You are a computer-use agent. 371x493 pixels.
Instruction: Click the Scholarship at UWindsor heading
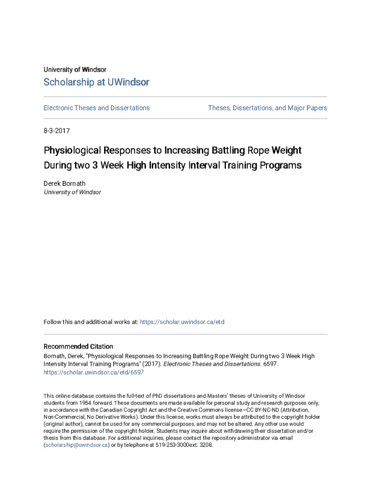(96, 82)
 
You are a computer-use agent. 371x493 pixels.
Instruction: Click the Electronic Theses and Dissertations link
(96, 108)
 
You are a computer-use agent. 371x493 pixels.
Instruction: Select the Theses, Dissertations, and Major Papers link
(267, 108)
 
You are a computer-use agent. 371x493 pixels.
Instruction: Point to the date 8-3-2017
(57, 130)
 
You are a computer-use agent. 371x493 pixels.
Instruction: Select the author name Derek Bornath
(65, 183)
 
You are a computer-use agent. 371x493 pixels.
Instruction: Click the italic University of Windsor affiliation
(72, 192)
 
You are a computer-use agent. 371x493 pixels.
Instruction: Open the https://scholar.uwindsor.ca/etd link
(182, 322)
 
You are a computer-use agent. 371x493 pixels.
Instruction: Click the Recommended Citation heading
(79, 347)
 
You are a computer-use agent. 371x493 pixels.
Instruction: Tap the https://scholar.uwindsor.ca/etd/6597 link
(93, 373)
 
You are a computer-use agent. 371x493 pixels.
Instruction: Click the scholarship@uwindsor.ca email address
(77, 445)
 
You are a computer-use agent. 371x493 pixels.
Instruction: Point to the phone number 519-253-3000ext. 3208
(184, 445)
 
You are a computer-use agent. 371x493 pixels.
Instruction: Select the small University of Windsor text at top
(75, 70)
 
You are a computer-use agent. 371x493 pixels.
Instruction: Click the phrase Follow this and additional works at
(91, 322)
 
